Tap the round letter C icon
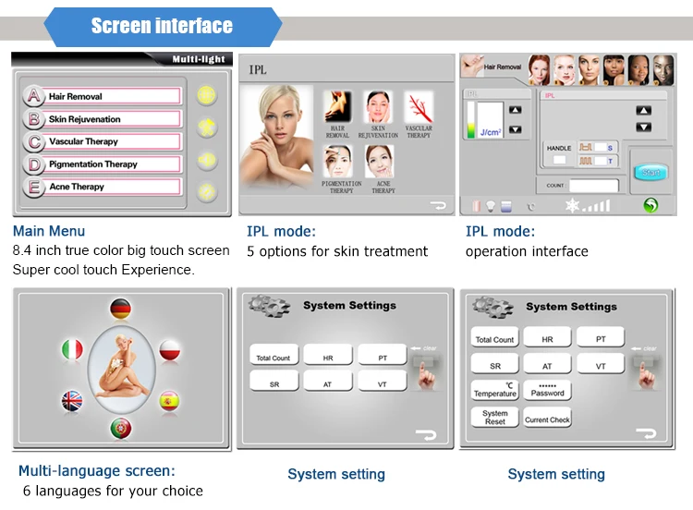tap(34, 141)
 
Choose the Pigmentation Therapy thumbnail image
tap(338, 163)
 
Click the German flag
tap(120, 309)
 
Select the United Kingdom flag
tap(71, 401)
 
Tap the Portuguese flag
tap(120, 428)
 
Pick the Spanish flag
tap(169, 401)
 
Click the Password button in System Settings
tap(547, 390)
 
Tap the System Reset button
tap(495, 418)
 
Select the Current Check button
tap(547, 419)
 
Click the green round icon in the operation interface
tap(651, 205)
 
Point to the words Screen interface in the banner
tap(162, 26)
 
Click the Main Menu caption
tap(49, 231)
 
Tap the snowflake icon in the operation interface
tap(572, 205)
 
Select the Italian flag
tap(71, 349)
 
